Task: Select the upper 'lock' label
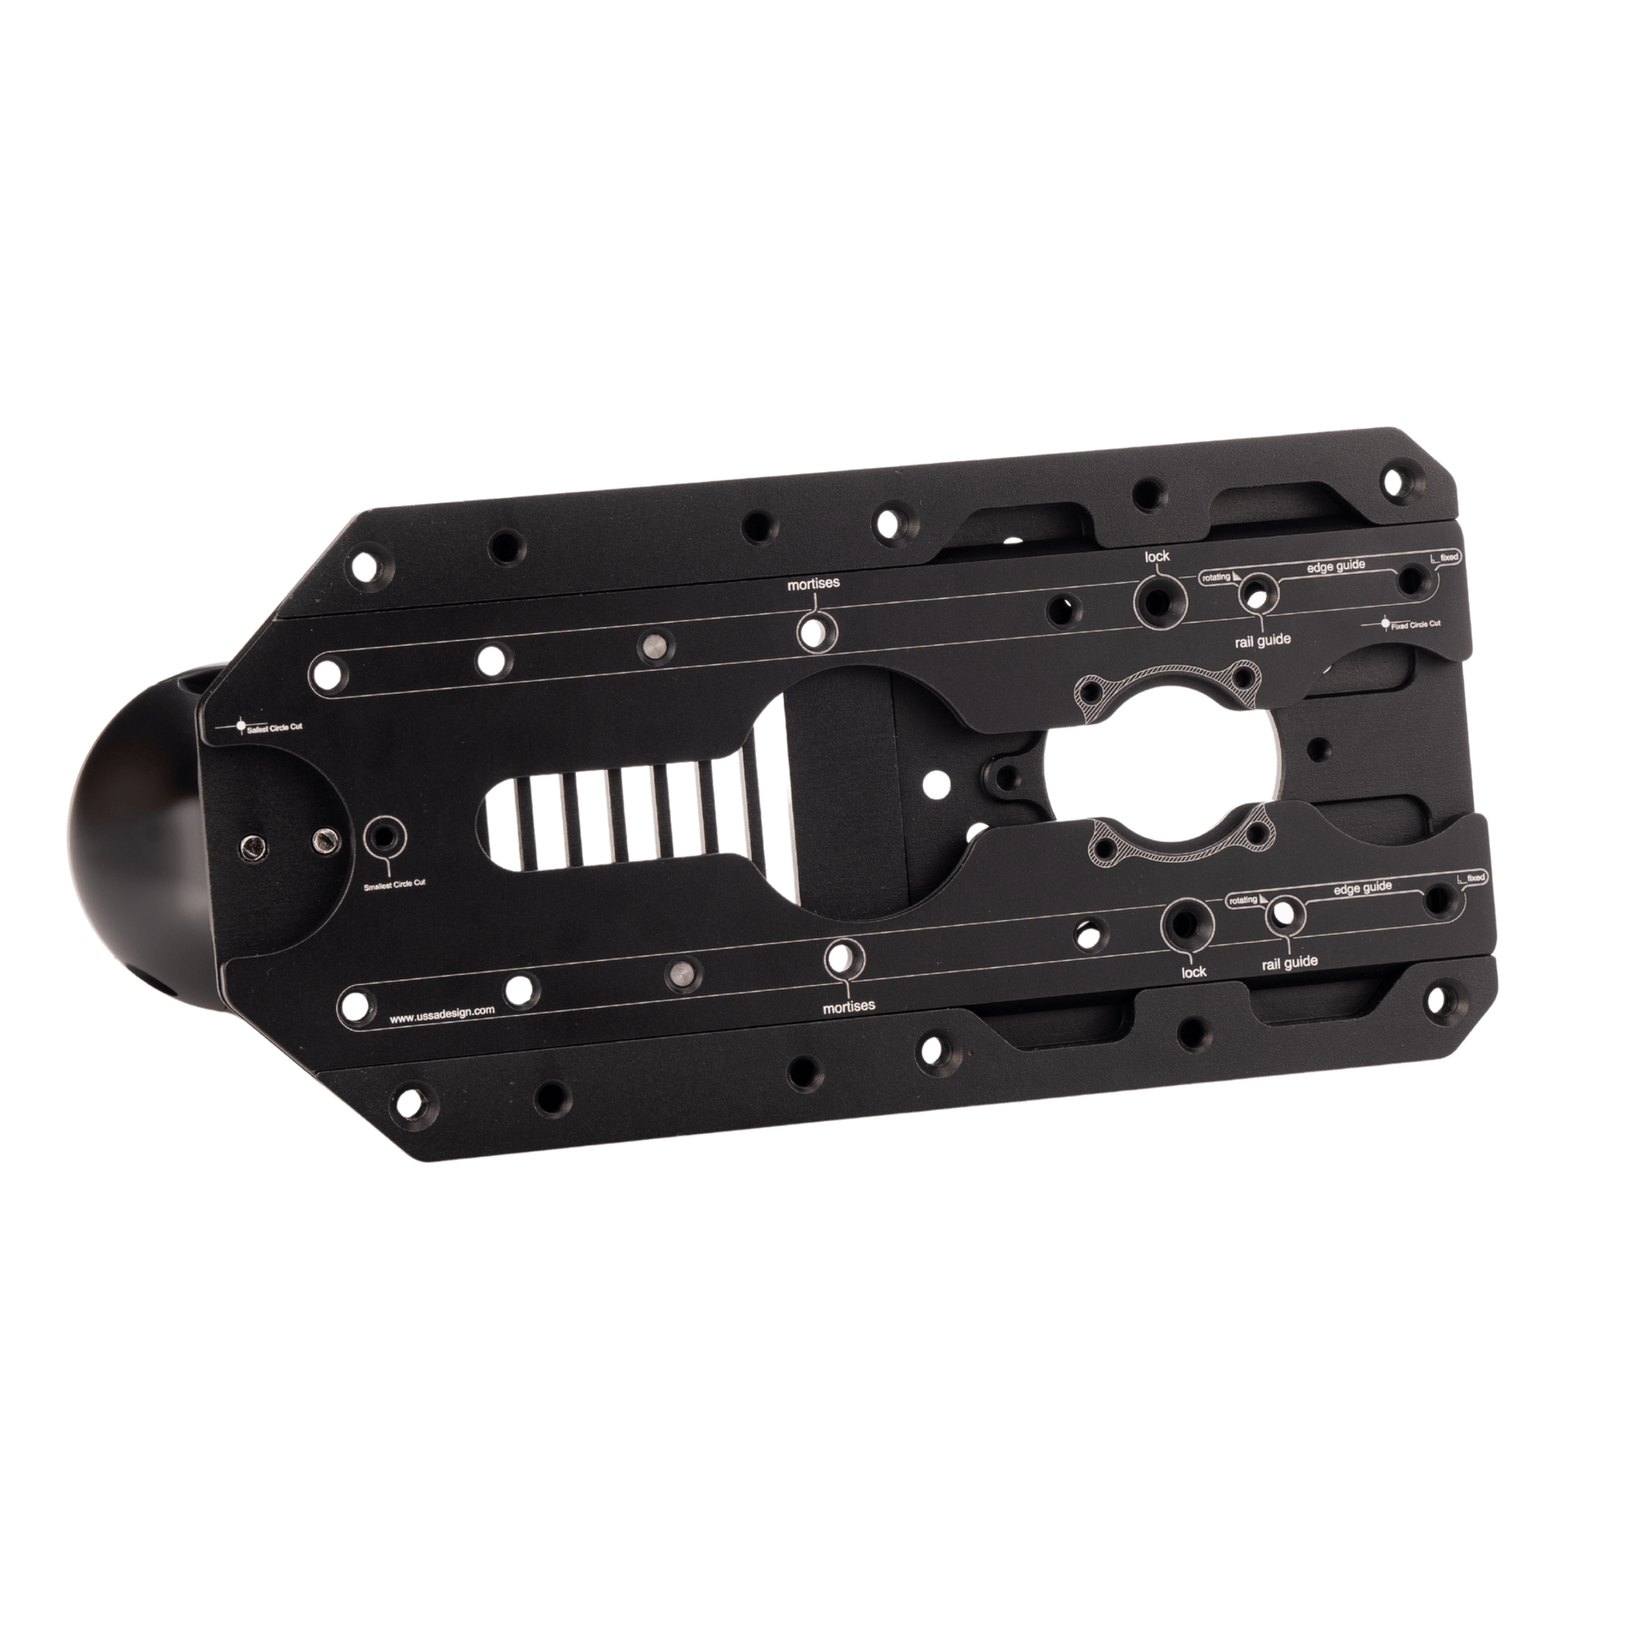(x=1157, y=556)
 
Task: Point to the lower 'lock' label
(x=1193, y=972)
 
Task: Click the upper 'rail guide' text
(x=1258, y=641)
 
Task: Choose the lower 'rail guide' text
(x=1289, y=962)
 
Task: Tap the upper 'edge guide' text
(x=1335, y=567)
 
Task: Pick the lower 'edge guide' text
(x=1363, y=888)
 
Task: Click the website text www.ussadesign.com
(x=442, y=1014)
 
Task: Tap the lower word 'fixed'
(x=1475, y=878)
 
